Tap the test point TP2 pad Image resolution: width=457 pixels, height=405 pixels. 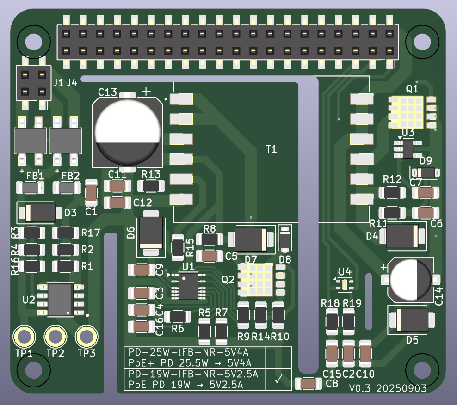55,337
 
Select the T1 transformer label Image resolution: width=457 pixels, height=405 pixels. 271,149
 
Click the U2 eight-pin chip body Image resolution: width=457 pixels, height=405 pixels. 60,300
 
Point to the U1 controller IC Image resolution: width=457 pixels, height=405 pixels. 188,287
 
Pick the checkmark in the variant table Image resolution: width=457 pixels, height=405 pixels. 278,379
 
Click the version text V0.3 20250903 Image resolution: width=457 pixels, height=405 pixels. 388,388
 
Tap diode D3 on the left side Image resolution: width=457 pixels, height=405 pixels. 40,212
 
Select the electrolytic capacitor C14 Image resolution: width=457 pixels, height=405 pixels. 410,279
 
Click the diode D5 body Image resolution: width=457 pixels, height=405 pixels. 412,319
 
